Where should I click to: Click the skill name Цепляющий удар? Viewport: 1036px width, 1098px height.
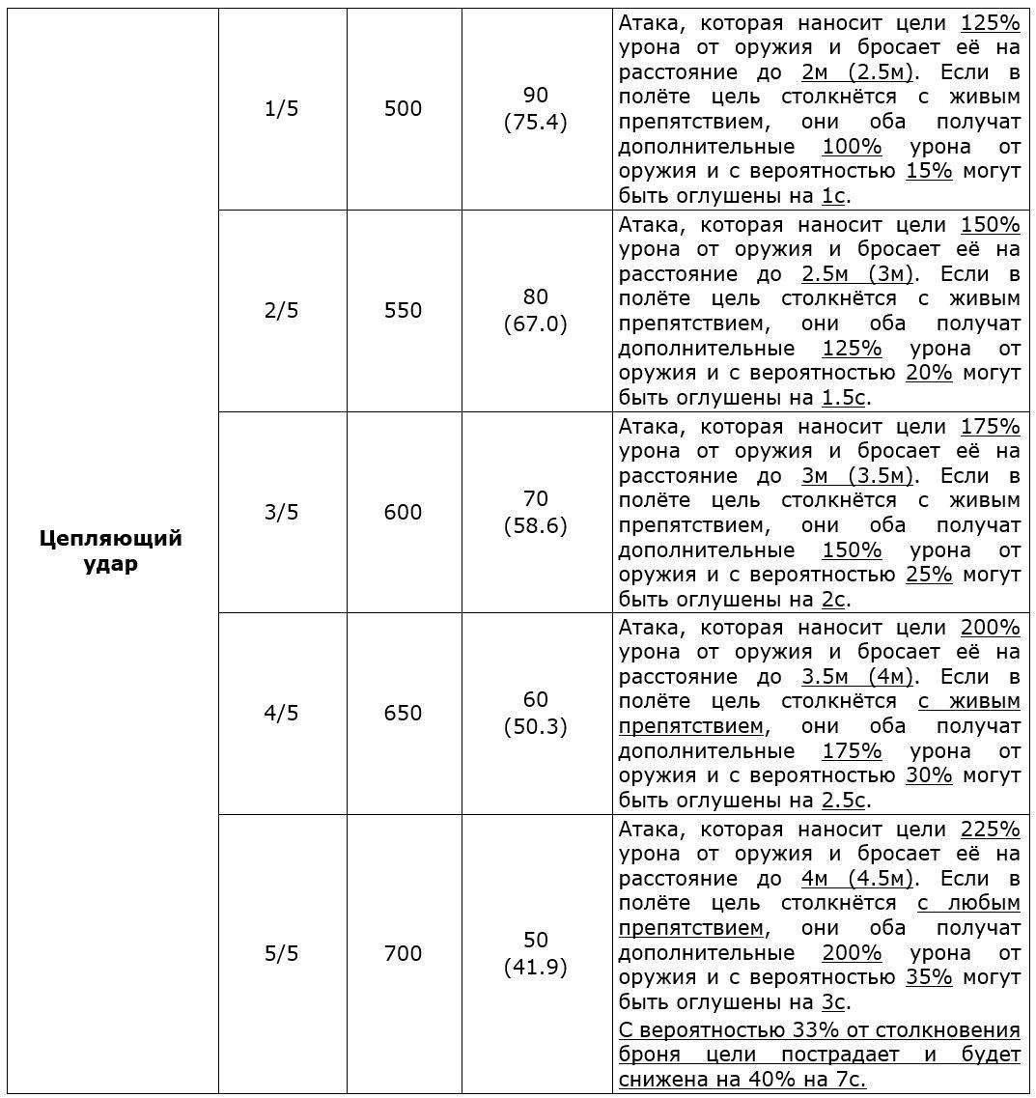pos(111,550)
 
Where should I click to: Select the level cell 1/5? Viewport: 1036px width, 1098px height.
pos(281,109)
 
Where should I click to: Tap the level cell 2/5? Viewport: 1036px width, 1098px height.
pos(281,310)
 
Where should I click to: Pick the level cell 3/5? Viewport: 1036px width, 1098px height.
pos(281,512)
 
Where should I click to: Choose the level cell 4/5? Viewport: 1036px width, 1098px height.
pos(281,713)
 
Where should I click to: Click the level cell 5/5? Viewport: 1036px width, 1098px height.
pos(281,953)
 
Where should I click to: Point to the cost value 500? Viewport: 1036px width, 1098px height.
pos(403,109)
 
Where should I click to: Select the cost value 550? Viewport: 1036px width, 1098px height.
pos(403,310)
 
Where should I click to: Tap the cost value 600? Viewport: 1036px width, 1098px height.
pos(403,512)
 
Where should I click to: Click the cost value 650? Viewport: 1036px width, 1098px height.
pos(403,713)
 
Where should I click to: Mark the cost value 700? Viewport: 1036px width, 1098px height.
pos(403,953)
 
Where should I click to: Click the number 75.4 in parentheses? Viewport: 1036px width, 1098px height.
pos(535,123)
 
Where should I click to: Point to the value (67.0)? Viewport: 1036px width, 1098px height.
pos(535,324)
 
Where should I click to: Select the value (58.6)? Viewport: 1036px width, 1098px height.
pos(535,525)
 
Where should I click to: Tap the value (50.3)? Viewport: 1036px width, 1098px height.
pos(535,726)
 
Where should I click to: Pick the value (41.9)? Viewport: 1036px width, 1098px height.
pos(535,967)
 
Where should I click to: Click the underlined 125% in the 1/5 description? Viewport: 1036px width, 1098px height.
pos(991,23)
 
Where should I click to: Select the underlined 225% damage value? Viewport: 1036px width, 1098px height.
pos(991,829)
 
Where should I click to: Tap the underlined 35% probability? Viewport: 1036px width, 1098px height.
pos(929,977)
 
